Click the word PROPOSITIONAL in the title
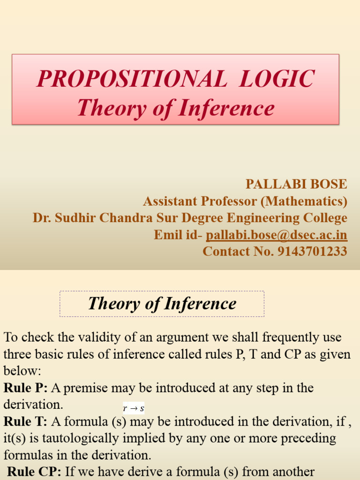125,78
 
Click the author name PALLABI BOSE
297,184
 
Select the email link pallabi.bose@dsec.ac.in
277,235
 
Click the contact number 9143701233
312,251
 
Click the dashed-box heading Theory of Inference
162,304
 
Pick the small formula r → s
133,408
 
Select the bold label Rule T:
25,422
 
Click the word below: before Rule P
22,371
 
